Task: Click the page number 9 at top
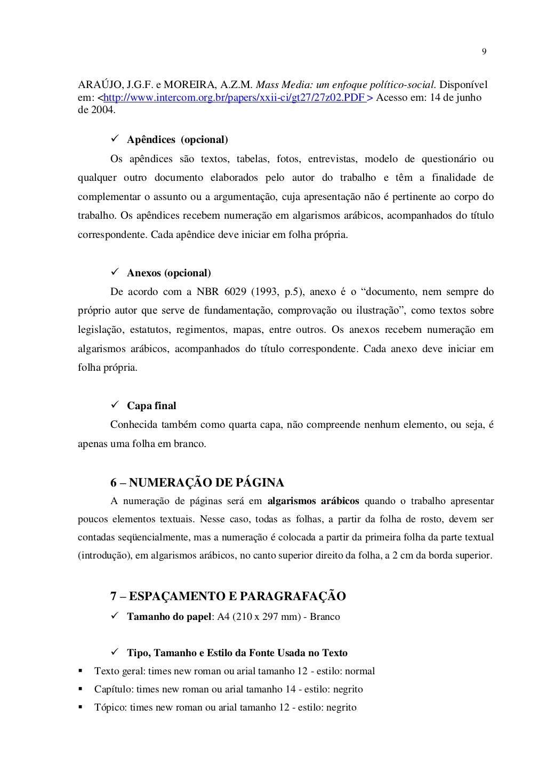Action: [x=484, y=52]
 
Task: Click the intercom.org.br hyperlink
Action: [x=234, y=98]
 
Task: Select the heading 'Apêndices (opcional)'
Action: [x=177, y=140]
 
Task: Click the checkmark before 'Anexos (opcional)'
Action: [x=114, y=273]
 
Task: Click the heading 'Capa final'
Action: [x=151, y=406]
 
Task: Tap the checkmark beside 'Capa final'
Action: [x=114, y=406]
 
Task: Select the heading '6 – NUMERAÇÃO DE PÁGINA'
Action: [x=197, y=483]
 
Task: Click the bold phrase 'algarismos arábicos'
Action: [x=313, y=501]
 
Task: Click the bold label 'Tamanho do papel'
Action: [x=169, y=617]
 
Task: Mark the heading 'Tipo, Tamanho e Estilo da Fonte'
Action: [x=237, y=653]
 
